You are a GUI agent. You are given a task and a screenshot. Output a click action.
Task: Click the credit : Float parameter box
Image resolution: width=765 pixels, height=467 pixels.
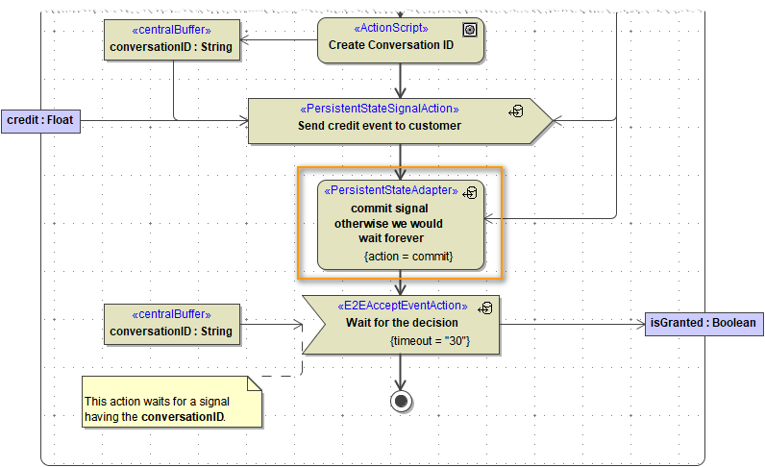[x=40, y=120]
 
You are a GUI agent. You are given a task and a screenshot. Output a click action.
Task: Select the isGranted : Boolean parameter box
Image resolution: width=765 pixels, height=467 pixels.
[x=703, y=324]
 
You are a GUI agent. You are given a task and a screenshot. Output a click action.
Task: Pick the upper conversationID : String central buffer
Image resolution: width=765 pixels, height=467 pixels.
[x=171, y=40]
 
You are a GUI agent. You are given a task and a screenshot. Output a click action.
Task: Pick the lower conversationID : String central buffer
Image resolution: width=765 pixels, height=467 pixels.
[x=171, y=324]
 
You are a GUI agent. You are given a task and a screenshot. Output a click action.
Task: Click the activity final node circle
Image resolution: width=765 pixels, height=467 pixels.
[x=402, y=401]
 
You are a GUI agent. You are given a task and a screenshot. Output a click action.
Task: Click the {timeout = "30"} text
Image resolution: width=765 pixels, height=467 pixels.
[x=430, y=341]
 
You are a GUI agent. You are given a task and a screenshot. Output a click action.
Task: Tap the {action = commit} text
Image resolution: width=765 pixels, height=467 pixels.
[x=408, y=257]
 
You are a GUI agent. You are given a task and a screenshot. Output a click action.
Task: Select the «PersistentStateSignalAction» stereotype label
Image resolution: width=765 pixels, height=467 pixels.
[x=380, y=109]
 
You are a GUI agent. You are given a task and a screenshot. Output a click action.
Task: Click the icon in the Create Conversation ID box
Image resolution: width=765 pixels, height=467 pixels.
[x=470, y=30]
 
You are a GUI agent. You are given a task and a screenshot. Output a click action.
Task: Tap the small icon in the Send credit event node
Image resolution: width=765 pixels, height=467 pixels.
[x=516, y=111]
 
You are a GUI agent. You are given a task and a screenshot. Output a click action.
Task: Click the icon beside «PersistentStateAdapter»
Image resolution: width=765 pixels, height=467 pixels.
[x=470, y=193]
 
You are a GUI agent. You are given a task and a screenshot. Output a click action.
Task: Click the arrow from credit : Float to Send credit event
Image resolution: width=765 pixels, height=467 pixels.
[x=163, y=121]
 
